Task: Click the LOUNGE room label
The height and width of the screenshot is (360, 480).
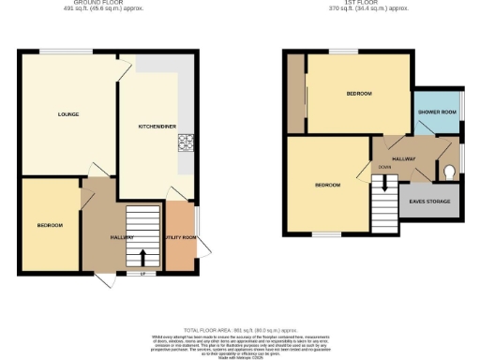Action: [67, 114]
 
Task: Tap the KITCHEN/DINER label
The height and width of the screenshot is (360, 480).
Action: [155, 125]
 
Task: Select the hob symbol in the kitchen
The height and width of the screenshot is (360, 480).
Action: [185, 142]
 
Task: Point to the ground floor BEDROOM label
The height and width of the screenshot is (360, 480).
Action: [50, 226]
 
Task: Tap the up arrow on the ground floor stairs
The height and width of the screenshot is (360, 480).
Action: [142, 256]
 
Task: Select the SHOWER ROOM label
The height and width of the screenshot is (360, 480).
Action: [437, 112]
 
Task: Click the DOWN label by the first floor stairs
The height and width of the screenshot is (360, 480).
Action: [384, 168]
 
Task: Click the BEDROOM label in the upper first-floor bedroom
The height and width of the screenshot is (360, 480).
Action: [358, 95]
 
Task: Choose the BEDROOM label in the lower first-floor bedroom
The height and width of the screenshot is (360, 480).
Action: [327, 186]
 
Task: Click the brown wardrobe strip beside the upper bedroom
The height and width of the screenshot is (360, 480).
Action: [295, 95]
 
